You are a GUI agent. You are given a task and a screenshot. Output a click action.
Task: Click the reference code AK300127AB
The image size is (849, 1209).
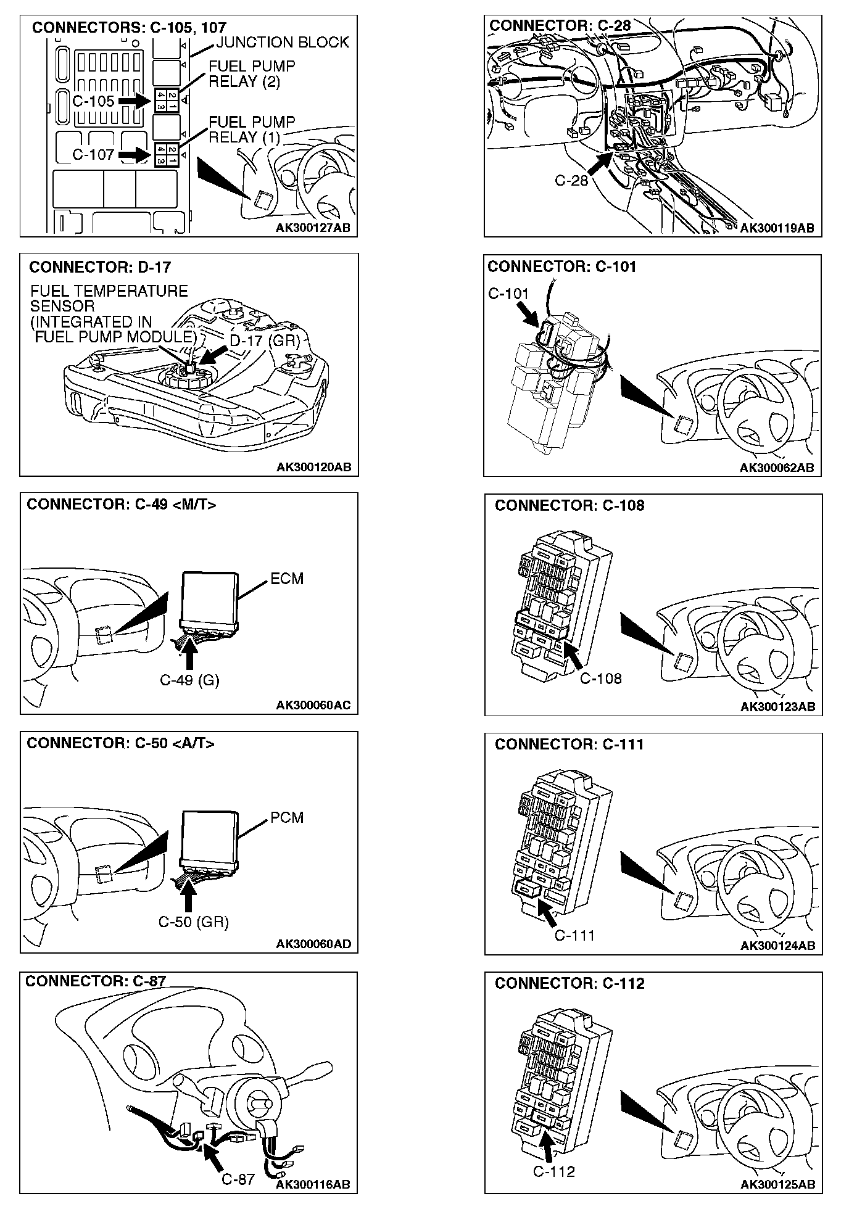point(313,228)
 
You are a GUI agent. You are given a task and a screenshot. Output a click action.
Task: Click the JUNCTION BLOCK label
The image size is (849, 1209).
point(283,43)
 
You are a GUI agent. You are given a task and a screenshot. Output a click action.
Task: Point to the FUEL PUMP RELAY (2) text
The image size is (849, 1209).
point(252,74)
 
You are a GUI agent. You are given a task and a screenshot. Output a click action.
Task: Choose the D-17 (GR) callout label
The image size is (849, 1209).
point(265,341)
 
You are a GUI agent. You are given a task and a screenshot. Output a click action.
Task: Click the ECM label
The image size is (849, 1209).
point(287,579)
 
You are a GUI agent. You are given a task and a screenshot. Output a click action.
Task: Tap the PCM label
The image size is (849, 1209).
point(287,817)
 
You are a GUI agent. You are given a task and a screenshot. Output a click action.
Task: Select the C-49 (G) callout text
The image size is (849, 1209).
point(189,680)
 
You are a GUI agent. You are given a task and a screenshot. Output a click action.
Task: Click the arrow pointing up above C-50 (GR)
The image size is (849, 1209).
point(189,897)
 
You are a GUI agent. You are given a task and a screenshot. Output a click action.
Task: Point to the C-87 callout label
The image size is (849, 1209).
point(238,1179)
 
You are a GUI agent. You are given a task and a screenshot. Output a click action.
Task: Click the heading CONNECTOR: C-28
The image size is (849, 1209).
point(560,26)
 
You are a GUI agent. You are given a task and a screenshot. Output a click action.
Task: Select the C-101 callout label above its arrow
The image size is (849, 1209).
point(508,294)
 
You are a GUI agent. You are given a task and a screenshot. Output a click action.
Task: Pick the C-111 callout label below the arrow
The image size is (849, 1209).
point(574,936)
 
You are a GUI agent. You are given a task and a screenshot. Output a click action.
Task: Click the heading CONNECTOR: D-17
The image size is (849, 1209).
point(100,267)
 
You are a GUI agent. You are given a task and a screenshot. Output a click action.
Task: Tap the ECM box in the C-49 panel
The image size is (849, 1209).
point(210,596)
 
